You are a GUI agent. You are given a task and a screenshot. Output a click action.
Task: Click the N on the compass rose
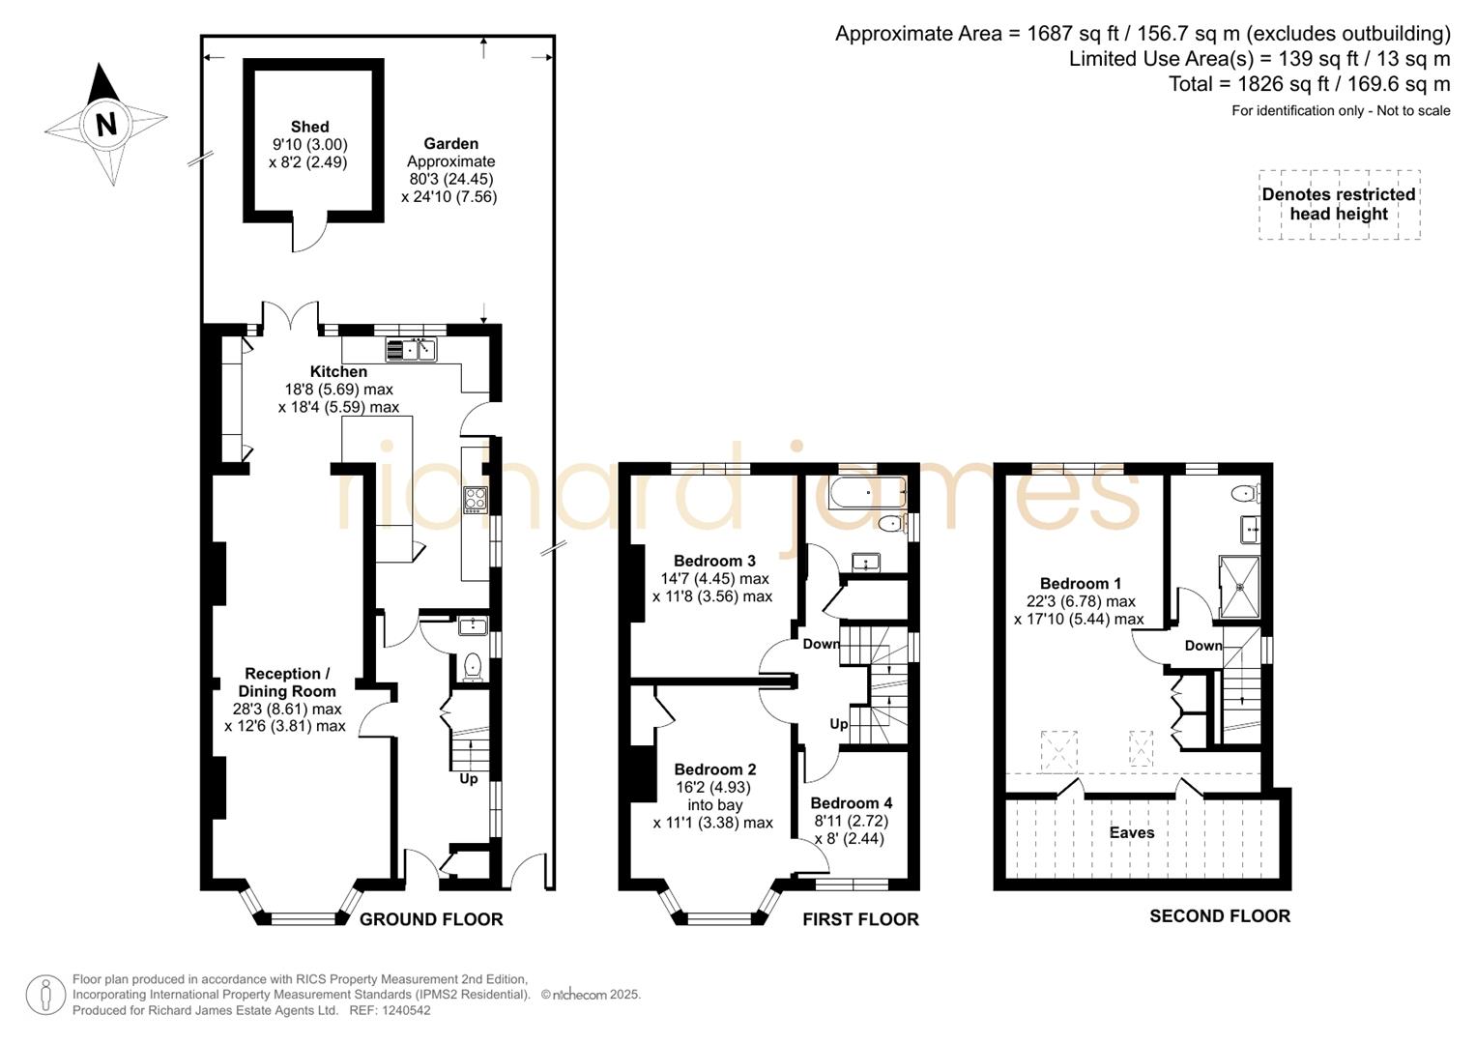point(106,124)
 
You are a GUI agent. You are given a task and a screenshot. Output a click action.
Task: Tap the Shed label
point(309,127)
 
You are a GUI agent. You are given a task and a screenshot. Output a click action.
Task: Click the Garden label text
point(450,144)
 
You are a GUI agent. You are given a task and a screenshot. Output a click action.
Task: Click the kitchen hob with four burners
point(476,498)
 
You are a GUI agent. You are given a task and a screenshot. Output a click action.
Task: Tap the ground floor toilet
point(472,666)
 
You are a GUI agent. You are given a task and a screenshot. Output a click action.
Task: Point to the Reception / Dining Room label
point(287,682)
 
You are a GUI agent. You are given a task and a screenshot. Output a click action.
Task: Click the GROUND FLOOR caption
point(431,919)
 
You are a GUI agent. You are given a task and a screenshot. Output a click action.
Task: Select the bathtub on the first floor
point(868,492)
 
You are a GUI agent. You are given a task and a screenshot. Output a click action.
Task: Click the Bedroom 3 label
point(714,561)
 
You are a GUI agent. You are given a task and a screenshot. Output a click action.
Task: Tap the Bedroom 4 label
point(851,803)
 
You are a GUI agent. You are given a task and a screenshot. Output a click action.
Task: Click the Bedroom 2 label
point(714,769)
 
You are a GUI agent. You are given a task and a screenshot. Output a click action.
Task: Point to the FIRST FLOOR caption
point(860,919)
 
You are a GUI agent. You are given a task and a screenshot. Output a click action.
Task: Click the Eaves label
point(1131,832)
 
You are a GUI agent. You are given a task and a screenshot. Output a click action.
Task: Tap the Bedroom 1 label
point(1080,584)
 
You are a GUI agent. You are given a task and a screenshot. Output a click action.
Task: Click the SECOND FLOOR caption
point(1219,916)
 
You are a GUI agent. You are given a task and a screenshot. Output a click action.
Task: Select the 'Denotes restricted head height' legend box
point(1339,204)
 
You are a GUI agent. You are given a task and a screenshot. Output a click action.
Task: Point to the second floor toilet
point(1245,494)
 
